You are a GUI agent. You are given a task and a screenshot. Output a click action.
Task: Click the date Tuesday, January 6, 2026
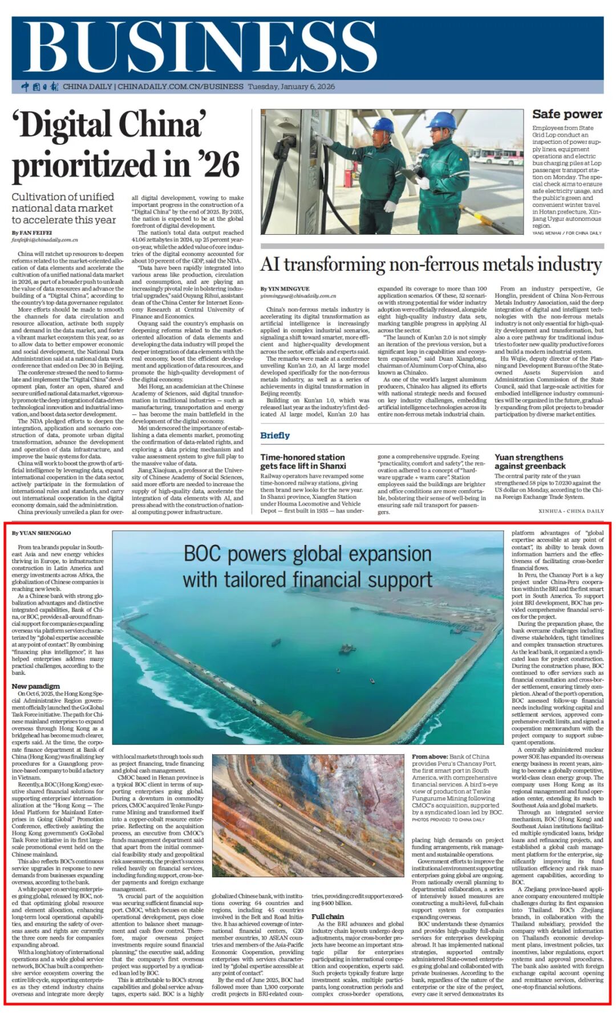coord(291,87)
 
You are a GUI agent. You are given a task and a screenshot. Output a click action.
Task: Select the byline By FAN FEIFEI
coord(32,233)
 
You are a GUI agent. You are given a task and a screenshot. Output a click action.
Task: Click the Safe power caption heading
coord(567,115)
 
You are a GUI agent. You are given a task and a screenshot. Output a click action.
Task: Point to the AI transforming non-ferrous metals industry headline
coord(431,265)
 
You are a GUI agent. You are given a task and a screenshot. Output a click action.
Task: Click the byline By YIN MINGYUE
coord(285,289)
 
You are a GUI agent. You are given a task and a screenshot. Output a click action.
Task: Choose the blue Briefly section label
coord(275,435)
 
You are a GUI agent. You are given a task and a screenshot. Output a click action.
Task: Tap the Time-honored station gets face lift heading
coord(303,461)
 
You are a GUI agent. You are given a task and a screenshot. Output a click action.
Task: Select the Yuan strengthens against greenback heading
coord(530,461)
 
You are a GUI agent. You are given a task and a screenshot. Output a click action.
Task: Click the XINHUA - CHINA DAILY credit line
coord(571,511)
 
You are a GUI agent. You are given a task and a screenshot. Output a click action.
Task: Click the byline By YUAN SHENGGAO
coord(42,533)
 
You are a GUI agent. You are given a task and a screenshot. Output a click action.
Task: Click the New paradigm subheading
coord(36,686)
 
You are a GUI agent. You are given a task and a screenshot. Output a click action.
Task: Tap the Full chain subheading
coord(327,917)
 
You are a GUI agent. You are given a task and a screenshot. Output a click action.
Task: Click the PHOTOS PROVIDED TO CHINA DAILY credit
coord(448,820)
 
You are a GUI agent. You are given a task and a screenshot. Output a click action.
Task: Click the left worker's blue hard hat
coord(383,124)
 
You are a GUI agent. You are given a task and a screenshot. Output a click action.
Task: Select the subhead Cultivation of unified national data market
coord(63,208)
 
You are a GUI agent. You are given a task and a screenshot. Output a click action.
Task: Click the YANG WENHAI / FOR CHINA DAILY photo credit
coord(567,233)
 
